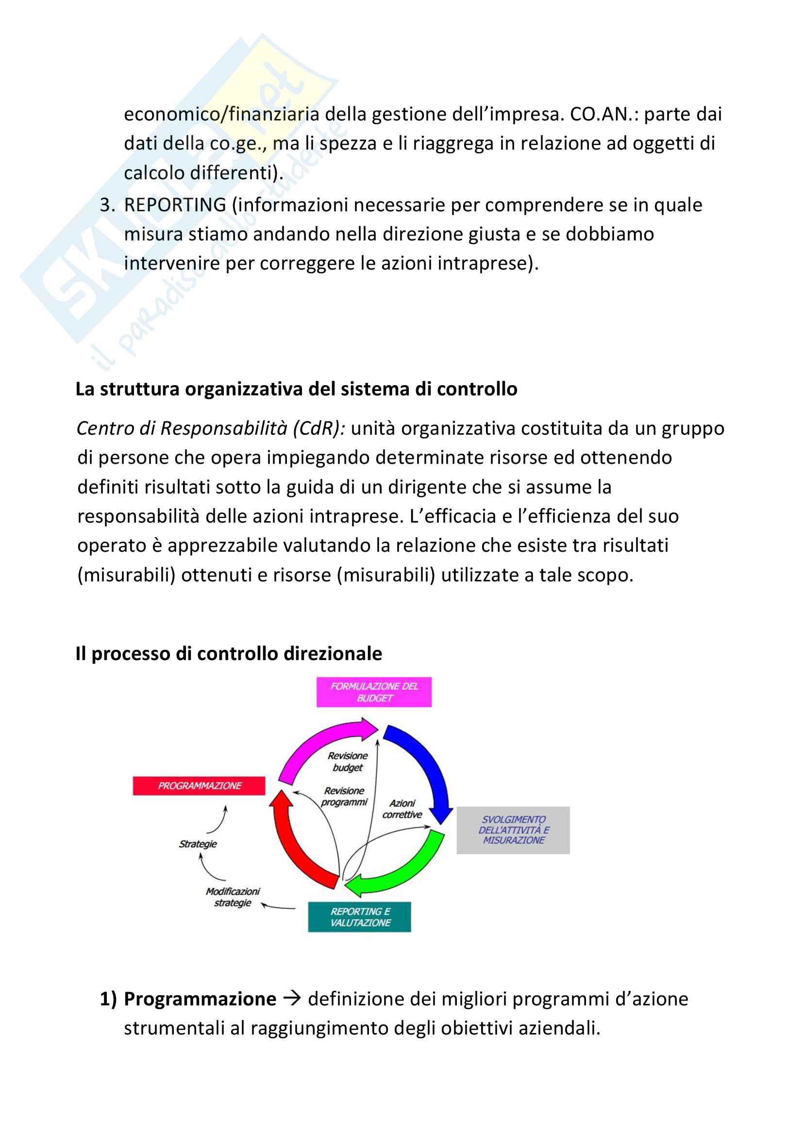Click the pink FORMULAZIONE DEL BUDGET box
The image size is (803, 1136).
point(374,692)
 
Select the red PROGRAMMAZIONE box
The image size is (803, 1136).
point(199,786)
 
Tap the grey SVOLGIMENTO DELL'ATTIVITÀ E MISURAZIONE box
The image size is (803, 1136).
point(513,830)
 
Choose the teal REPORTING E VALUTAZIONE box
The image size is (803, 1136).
point(359,917)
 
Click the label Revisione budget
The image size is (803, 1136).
point(348,762)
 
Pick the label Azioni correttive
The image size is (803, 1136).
point(402,809)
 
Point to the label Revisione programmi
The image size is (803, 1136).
point(344,797)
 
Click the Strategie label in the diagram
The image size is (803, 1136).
point(198,844)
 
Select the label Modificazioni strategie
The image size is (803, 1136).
point(233,897)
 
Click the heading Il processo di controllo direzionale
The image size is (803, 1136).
point(229,654)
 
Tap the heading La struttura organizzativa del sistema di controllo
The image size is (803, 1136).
point(296,389)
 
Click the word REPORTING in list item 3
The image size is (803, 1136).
point(175,205)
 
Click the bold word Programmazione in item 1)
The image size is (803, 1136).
point(200,999)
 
